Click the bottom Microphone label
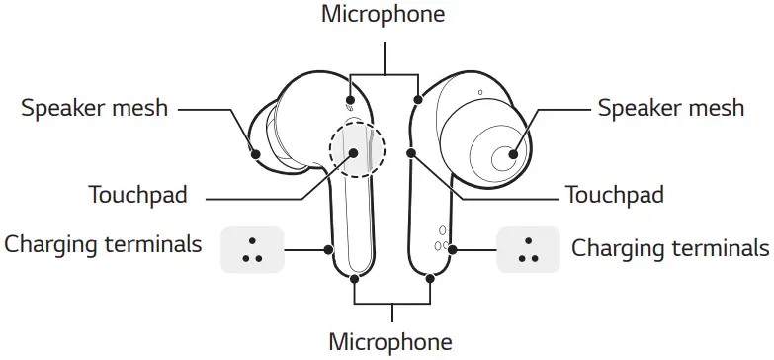tap(390, 342)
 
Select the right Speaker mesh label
tap(670, 107)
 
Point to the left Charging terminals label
tap(103, 244)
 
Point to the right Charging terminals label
tap(670, 247)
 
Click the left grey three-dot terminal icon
tap(252, 251)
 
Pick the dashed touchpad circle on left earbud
tap(354, 148)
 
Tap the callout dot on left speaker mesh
tap(254, 153)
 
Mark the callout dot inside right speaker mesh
tap(513, 153)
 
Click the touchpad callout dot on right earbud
tap(411, 153)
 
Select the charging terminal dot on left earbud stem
tap(328, 250)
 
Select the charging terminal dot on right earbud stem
tap(453, 250)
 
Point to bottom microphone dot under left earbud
tap(355, 278)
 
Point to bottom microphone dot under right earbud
tap(431, 278)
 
